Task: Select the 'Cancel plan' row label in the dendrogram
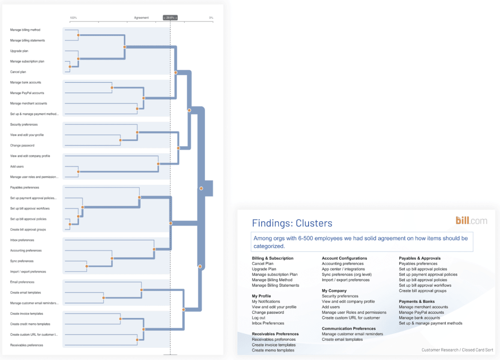pyautogui.click(x=18, y=72)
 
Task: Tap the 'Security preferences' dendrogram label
pyautogui.click(x=24, y=125)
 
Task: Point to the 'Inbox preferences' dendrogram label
pyautogui.click(x=22, y=240)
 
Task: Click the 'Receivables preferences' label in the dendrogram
pyautogui.click(x=27, y=345)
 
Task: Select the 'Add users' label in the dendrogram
pyautogui.click(x=17, y=167)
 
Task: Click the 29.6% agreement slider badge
pyautogui.click(x=170, y=18)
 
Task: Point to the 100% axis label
pyautogui.click(x=73, y=18)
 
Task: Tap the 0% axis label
pyautogui.click(x=211, y=18)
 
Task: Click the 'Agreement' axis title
pyautogui.click(x=141, y=18)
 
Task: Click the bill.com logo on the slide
pyautogui.click(x=471, y=220)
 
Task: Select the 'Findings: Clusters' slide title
pyautogui.click(x=292, y=223)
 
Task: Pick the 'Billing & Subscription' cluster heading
pyautogui.click(x=272, y=258)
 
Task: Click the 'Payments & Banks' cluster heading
pyautogui.click(x=416, y=301)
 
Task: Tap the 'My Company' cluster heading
pyautogui.click(x=334, y=291)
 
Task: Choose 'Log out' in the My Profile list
pyautogui.click(x=259, y=318)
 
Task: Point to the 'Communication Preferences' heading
pyautogui.click(x=348, y=329)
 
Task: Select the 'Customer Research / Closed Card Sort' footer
pyautogui.click(x=457, y=350)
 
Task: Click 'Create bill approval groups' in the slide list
pyautogui.click(x=422, y=291)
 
